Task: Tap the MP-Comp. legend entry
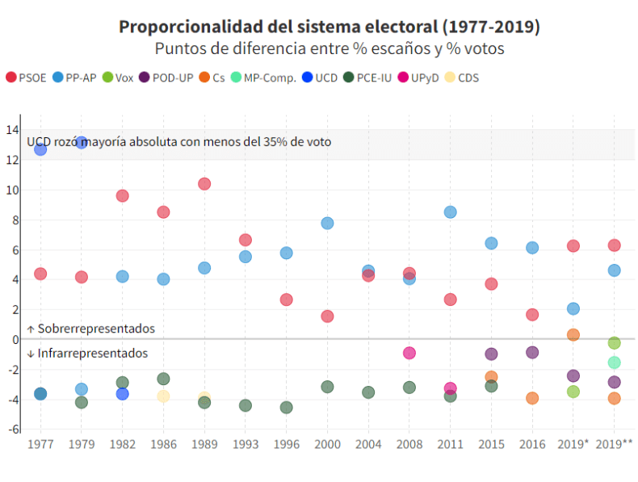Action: pyautogui.click(x=262, y=78)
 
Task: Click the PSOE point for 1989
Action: pyautogui.click(x=204, y=184)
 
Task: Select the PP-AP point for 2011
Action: pyautogui.click(x=450, y=212)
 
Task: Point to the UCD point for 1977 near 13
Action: pyautogui.click(x=40, y=149)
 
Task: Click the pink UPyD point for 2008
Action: pyautogui.click(x=409, y=353)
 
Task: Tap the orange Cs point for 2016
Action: pyautogui.click(x=532, y=398)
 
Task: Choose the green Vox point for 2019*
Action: pyautogui.click(x=573, y=392)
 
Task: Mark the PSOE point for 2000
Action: pyautogui.click(x=327, y=316)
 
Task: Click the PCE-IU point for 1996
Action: pyautogui.click(x=287, y=408)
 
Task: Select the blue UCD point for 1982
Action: pyautogui.click(x=123, y=394)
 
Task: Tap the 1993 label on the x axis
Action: pyautogui.click(x=246, y=445)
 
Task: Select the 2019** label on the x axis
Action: pyautogui.click(x=615, y=445)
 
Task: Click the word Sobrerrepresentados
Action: pyautogui.click(x=95, y=329)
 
